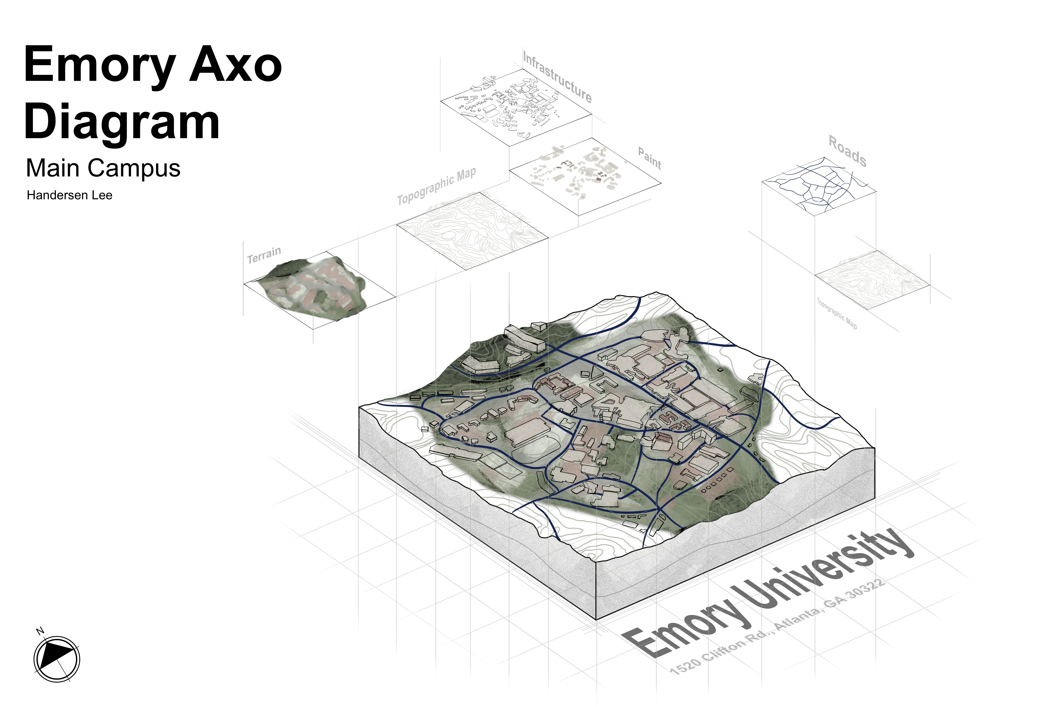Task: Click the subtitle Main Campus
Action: (x=103, y=168)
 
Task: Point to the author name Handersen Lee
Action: (x=69, y=195)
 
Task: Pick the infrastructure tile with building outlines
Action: (x=516, y=107)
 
